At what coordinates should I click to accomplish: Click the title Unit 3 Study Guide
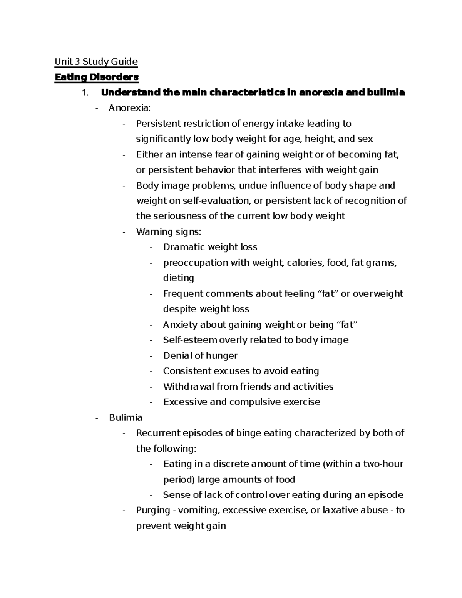pyautogui.click(x=96, y=62)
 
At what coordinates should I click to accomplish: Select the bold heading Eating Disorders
pyautogui.click(x=97, y=77)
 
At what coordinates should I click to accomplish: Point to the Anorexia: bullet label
pyautogui.click(x=129, y=108)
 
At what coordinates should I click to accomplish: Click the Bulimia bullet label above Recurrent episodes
pyautogui.click(x=126, y=417)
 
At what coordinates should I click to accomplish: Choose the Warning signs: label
pyautogui.click(x=168, y=232)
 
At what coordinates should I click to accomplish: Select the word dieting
pyautogui.click(x=178, y=278)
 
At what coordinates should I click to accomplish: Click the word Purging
pyautogui.click(x=153, y=510)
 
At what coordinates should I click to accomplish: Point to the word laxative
pyautogui.click(x=340, y=510)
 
